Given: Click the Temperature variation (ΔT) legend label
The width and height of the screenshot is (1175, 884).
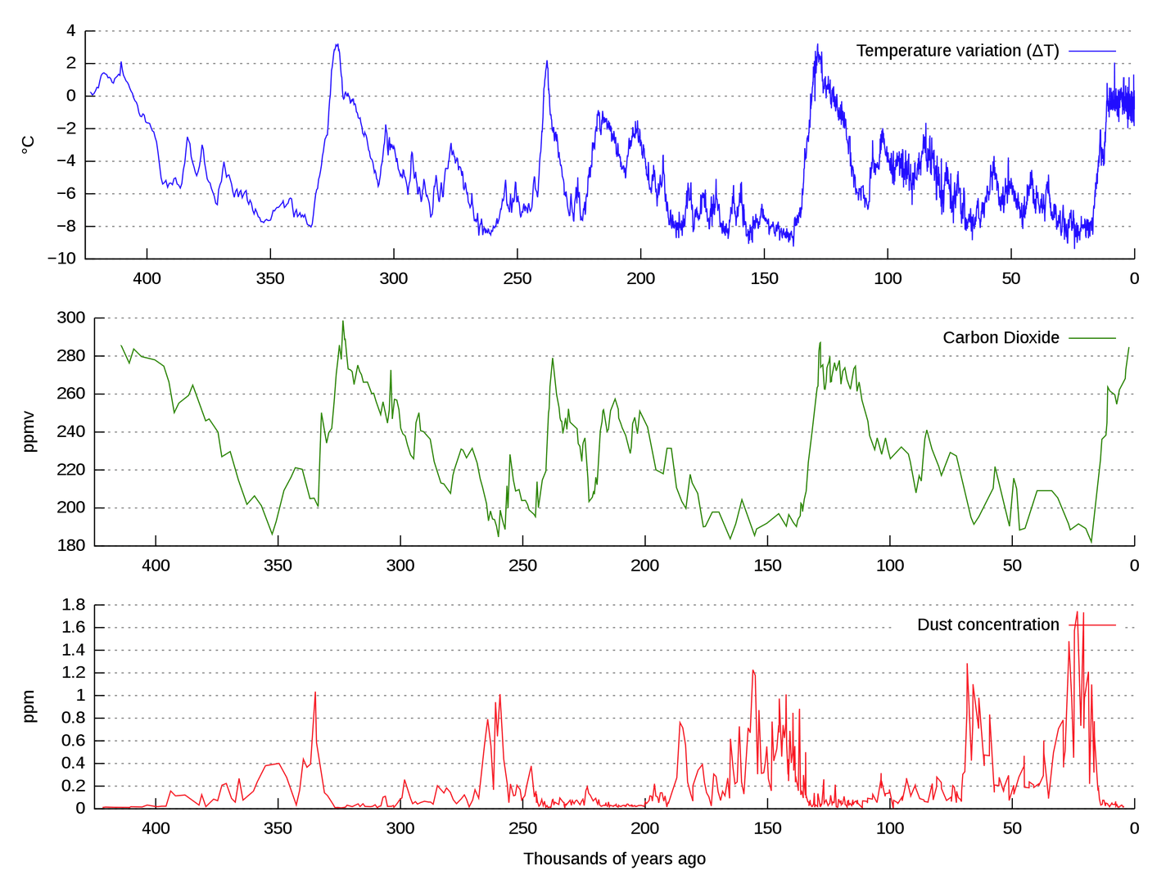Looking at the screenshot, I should pos(957,51).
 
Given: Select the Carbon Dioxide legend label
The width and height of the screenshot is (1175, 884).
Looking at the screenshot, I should pos(1001,338).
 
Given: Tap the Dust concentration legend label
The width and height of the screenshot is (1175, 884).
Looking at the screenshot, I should pos(987,625).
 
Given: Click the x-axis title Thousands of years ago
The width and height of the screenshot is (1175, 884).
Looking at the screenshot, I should pos(614,859).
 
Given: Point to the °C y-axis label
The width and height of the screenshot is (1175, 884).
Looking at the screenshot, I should pos(28,145).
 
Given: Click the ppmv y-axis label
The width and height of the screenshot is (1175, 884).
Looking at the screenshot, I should pos(29,431).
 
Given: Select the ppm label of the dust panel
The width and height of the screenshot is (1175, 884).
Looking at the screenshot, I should pos(29,706).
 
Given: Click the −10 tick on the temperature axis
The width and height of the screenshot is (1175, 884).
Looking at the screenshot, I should pos(61,259).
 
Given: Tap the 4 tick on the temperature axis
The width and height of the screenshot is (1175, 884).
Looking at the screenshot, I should pos(71,31).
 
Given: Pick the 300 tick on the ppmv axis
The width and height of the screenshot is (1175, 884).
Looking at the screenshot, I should pos(70,318).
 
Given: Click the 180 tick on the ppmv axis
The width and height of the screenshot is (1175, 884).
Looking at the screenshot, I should pos(70,545).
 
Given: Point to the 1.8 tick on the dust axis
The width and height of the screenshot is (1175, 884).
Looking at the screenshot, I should pos(74,605).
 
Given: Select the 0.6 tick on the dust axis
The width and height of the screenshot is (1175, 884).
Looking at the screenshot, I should pos(74,741).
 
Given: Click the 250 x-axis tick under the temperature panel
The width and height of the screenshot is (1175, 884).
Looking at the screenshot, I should pos(517,278).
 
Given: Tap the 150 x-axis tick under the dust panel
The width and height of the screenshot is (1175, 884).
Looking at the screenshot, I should pos(767,828).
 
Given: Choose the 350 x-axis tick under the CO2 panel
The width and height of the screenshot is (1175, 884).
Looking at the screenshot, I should pos(278,566).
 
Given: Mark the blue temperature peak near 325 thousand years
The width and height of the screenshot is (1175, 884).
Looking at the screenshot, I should pos(337,46).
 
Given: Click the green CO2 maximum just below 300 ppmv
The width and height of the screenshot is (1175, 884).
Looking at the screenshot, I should pos(343,321).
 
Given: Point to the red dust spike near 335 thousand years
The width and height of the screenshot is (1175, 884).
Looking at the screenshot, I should pos(315,693).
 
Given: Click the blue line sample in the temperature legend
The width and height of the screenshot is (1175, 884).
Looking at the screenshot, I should pos(1092,51).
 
